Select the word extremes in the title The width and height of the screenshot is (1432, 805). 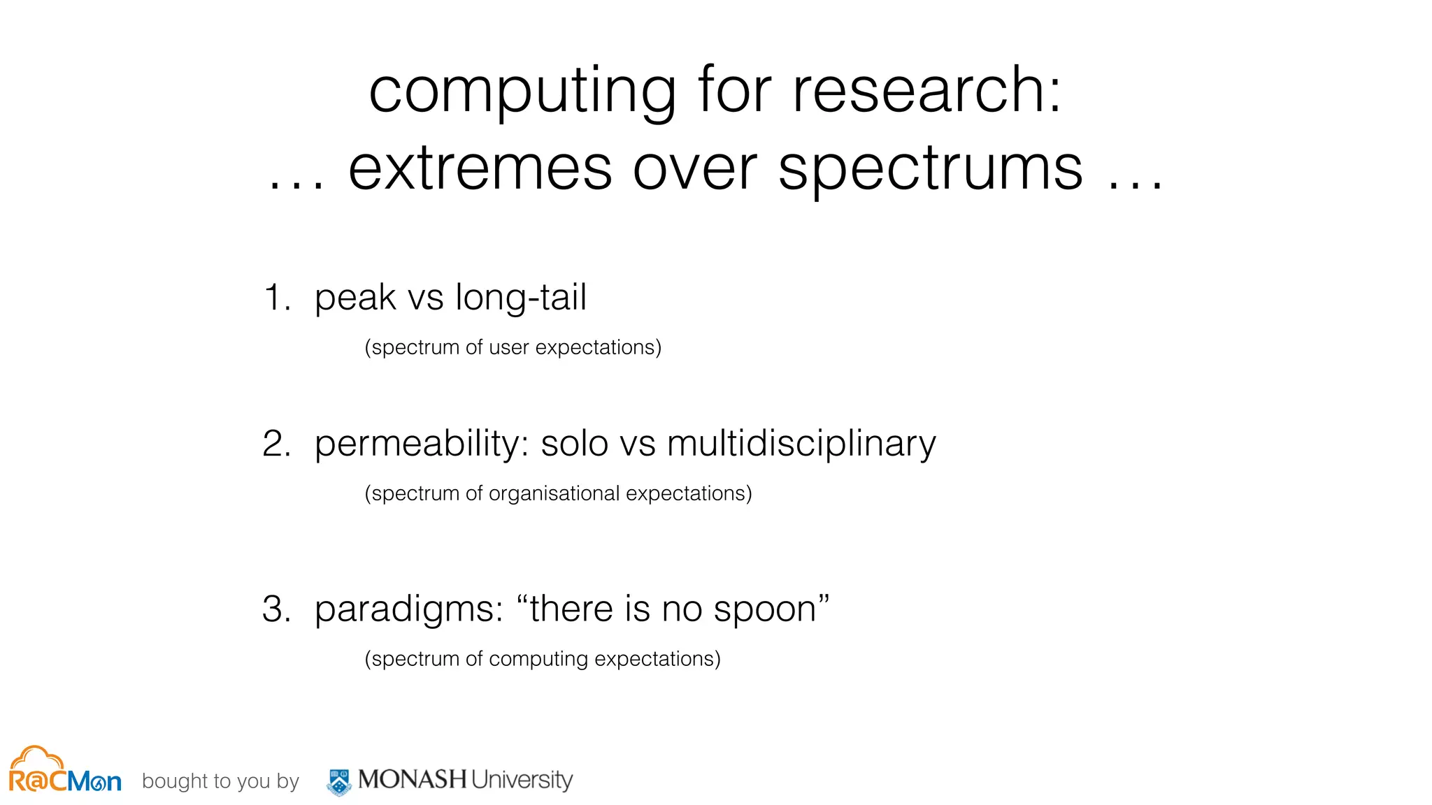coord(480,169)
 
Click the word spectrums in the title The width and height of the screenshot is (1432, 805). coord(930,169)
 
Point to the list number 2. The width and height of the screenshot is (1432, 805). coord(276,444)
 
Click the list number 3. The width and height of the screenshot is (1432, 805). coord(276,609)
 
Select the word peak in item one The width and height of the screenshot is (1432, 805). coord(355,298)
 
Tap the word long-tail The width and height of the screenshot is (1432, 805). coord(521,298)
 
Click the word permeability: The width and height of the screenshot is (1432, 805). coord(422,444)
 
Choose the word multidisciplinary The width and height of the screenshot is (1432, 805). coord(801,444)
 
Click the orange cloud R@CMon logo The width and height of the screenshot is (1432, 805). coord(64,771)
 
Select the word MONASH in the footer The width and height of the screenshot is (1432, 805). coord(412,779)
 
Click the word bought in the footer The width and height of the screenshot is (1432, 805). coord(165,781)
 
